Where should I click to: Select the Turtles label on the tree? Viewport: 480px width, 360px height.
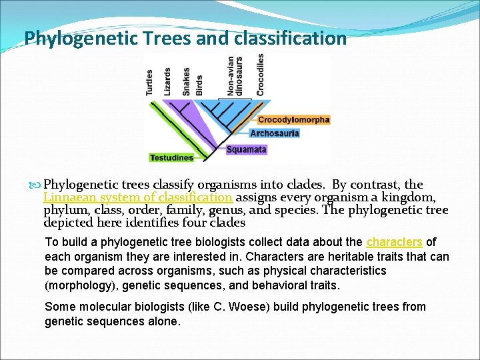coord(150,82)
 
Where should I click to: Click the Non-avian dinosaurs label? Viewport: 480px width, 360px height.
coord(235,74)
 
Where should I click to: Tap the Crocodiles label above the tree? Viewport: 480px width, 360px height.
coord(261,74)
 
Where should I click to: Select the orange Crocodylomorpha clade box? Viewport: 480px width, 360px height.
coord(293,120)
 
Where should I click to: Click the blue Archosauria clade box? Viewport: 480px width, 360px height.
coord(274,133)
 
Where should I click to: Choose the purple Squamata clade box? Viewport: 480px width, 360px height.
coord(246,149)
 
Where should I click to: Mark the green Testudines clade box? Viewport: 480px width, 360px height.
coord(171,158)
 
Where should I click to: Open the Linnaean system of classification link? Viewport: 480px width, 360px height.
coord(137,197)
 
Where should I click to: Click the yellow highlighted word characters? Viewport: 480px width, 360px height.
coord(394,242)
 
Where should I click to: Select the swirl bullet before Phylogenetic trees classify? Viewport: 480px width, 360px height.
coord(35,185)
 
